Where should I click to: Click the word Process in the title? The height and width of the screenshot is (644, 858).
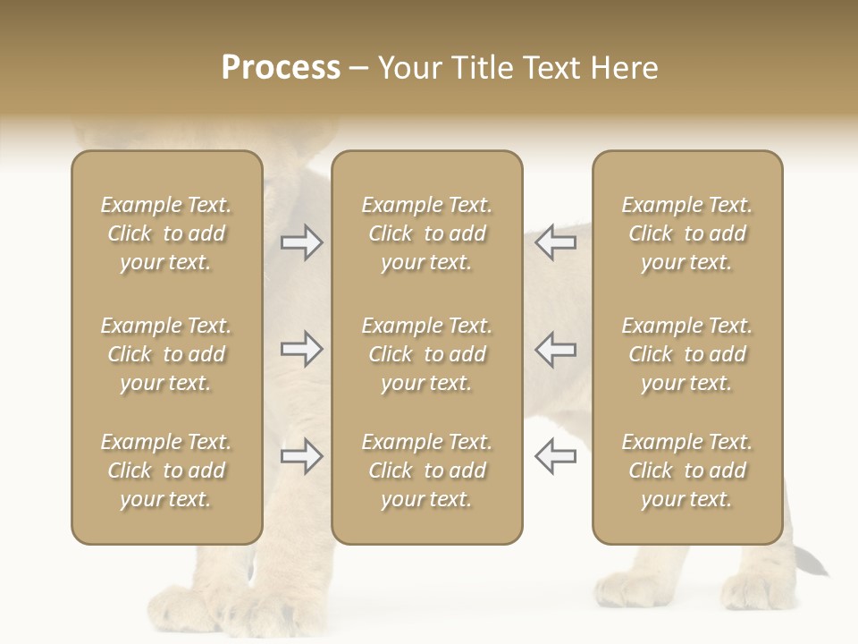[x=281, y=68]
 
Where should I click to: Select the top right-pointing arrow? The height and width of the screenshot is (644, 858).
[x=301, y=242]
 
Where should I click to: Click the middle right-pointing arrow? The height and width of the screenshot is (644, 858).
[x=301, y=349]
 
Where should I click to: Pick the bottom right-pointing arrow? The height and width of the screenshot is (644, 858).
[x=301, y=456]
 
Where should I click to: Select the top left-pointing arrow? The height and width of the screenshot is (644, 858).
[x=556, y=242]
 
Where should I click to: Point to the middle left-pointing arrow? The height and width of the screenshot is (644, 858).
[x=556, y=349]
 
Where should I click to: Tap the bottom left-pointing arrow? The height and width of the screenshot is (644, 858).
[x=556, y=456]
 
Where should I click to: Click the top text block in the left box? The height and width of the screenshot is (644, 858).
[x=166, y=233]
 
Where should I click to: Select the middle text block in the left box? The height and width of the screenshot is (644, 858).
[x=166, y=354]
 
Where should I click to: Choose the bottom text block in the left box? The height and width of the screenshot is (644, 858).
[x=166, y=470]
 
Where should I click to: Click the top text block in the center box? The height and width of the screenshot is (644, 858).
[x=426, y=233]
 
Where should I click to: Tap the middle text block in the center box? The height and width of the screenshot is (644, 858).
[x=426, y=354]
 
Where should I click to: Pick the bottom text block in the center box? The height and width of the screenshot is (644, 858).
[x=426, y=470]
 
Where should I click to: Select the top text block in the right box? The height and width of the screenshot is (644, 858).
[x=687, y=233]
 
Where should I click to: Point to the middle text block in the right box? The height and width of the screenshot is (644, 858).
[x=687, y=354]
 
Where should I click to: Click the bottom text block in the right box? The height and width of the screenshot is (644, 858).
[x=687, y=470]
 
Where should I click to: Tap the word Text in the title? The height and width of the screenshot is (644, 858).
[x=551, y=68]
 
